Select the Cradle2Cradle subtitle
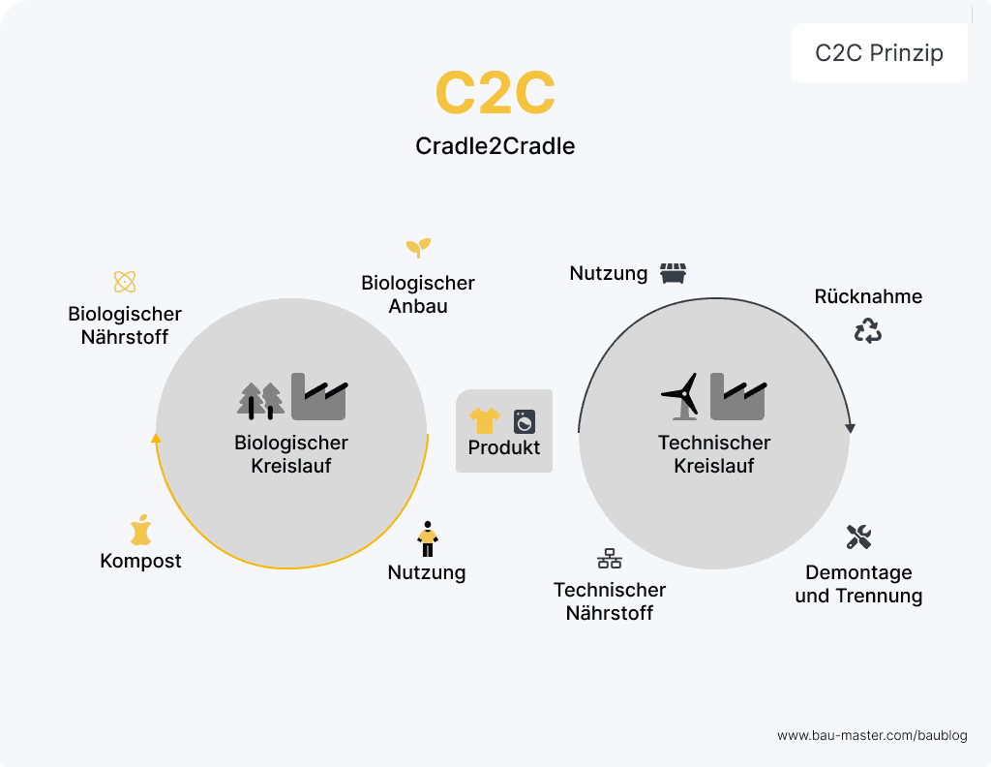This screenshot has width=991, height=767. point(495,146)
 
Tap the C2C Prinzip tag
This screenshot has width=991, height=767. point(879,53)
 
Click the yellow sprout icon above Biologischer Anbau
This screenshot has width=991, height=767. point(418,247)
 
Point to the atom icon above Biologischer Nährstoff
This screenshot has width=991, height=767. point(125,282)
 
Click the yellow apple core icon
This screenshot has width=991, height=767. point(141,531)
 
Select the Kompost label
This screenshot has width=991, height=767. point(140,562)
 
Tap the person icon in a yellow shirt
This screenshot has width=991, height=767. point(427,538)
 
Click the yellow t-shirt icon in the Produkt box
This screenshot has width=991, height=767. point(485,420)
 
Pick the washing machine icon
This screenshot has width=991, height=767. point(525,421)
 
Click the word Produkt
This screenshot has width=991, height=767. point(504,448)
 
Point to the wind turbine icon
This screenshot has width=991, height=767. point(683,396)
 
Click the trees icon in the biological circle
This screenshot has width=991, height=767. point(260,399)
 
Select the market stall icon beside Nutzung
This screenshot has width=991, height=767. point(673,273)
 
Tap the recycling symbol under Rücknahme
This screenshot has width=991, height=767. point(868,331)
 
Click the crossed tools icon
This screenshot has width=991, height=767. point(858,537)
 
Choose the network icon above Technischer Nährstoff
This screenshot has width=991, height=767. point(610,559)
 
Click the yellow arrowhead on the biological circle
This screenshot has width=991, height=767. point(157,438)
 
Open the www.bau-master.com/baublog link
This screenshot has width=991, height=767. point(872,736)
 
